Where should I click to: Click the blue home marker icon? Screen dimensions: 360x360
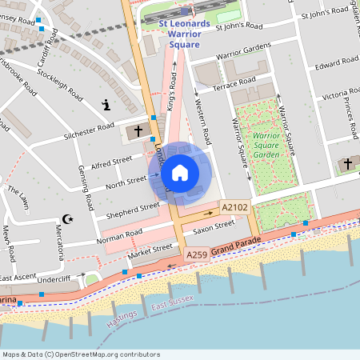click(x=180, y=172)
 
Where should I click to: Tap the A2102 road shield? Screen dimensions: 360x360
click(x=234, y=207)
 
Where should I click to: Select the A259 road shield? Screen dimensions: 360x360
click(x=197, y=254)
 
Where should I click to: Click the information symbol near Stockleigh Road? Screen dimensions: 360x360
click(x=106, y=105)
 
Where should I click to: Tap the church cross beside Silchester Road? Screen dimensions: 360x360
click(x=138, y=130)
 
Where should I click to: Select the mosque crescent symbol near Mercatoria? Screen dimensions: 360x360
click(x=67, y=218)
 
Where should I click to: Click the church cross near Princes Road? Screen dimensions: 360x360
click(x=347, y=164)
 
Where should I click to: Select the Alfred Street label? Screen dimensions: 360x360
click(x=111, y=166)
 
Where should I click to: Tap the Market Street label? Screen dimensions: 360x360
click(x=151, y=253)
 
